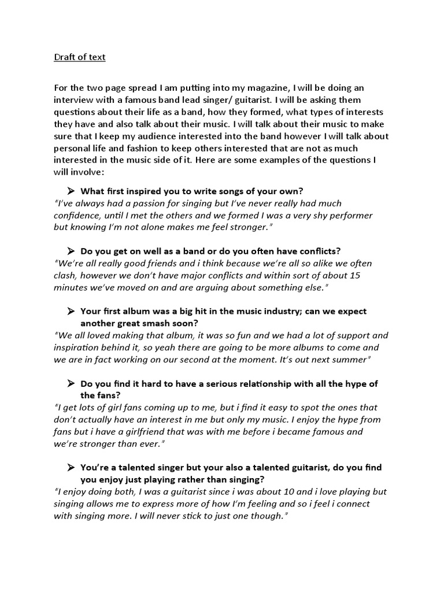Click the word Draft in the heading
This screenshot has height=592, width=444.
pyautogui.click(x=65, y=57)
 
